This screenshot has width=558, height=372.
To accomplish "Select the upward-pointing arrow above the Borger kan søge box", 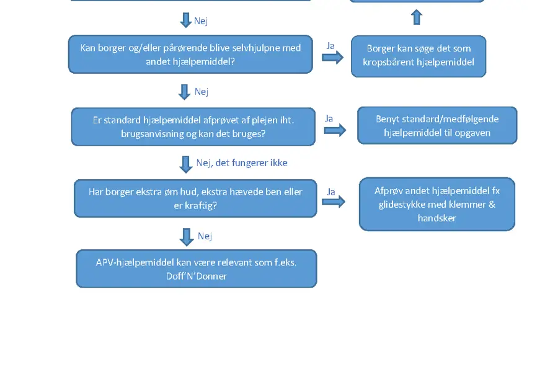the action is click(x=417, y=17).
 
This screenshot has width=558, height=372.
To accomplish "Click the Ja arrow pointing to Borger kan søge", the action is click(x=333, y=57).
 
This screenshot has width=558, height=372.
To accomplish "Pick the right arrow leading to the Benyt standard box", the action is click(x=335, y=130).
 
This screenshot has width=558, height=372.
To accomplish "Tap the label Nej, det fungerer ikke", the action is click(x=242, y=163).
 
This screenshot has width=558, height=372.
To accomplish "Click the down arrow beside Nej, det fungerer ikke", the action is click(x=186, y=164).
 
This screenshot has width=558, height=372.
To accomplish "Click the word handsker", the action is click(x=437, y=218).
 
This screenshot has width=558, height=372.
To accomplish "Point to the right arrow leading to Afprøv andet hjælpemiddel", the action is click(x=334, y=202).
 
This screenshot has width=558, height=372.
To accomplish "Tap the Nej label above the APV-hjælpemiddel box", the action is click(x=205, y=236).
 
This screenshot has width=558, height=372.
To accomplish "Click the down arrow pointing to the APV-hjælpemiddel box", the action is click(x=187, y=237).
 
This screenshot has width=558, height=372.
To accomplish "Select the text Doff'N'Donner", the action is click(x=197, y=277).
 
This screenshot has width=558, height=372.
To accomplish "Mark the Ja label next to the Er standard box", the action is click(x=329, y=118).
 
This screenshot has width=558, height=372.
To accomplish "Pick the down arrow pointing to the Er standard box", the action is click(x=184, y=92).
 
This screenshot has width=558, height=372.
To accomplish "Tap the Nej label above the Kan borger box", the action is click(x=201, y=21).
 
